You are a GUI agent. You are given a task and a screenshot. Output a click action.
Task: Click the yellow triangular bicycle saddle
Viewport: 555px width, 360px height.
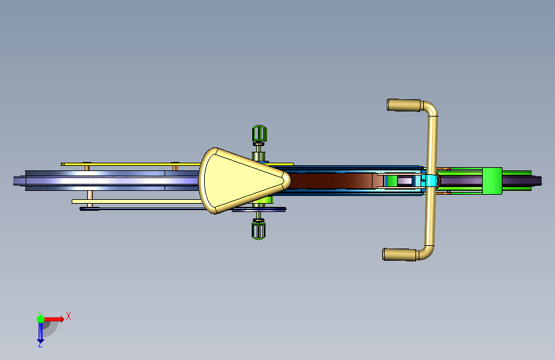pyautogui.click(x=241, y=181)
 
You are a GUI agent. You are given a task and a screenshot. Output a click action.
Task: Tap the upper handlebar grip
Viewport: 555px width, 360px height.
pyautogui.click(x=404, y=105)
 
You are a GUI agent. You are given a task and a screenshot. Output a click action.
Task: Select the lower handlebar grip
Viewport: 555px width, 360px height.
pyautogui.click(x=400, y=254)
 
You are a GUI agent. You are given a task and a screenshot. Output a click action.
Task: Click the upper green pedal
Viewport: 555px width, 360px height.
pyautogui.click(x=259, y=133)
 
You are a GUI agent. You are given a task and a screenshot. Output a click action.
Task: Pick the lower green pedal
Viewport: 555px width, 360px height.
pyautogui.click(x=259, y=231)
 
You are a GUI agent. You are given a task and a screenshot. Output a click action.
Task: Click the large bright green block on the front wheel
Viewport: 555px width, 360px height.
pyautogui.click(x=492, y=181)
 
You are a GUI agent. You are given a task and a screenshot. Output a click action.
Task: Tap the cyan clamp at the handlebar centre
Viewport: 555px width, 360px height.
pyautogui.click(x=431, y=181)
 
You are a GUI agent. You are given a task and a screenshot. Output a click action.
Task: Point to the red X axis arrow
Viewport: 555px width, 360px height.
pyautogui.click(x=53, y=319)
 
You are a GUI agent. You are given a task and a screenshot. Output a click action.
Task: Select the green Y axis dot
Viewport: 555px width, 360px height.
pyautogui.click(x=40, y=319)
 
